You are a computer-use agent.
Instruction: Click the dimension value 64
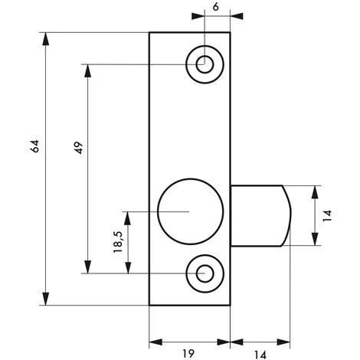pos(34,146)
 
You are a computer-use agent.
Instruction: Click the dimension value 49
pos(79,148)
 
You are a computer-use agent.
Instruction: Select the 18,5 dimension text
pos(118,242)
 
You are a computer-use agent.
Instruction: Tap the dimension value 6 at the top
pos(216,7)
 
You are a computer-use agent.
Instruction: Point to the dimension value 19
pos(188,353)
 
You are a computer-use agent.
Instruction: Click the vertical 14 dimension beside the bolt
pos(327,216)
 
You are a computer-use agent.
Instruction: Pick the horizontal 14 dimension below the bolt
pos(260,355)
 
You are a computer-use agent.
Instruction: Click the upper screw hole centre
pos(205,64)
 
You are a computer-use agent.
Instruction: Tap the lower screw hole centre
pos(205,273)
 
